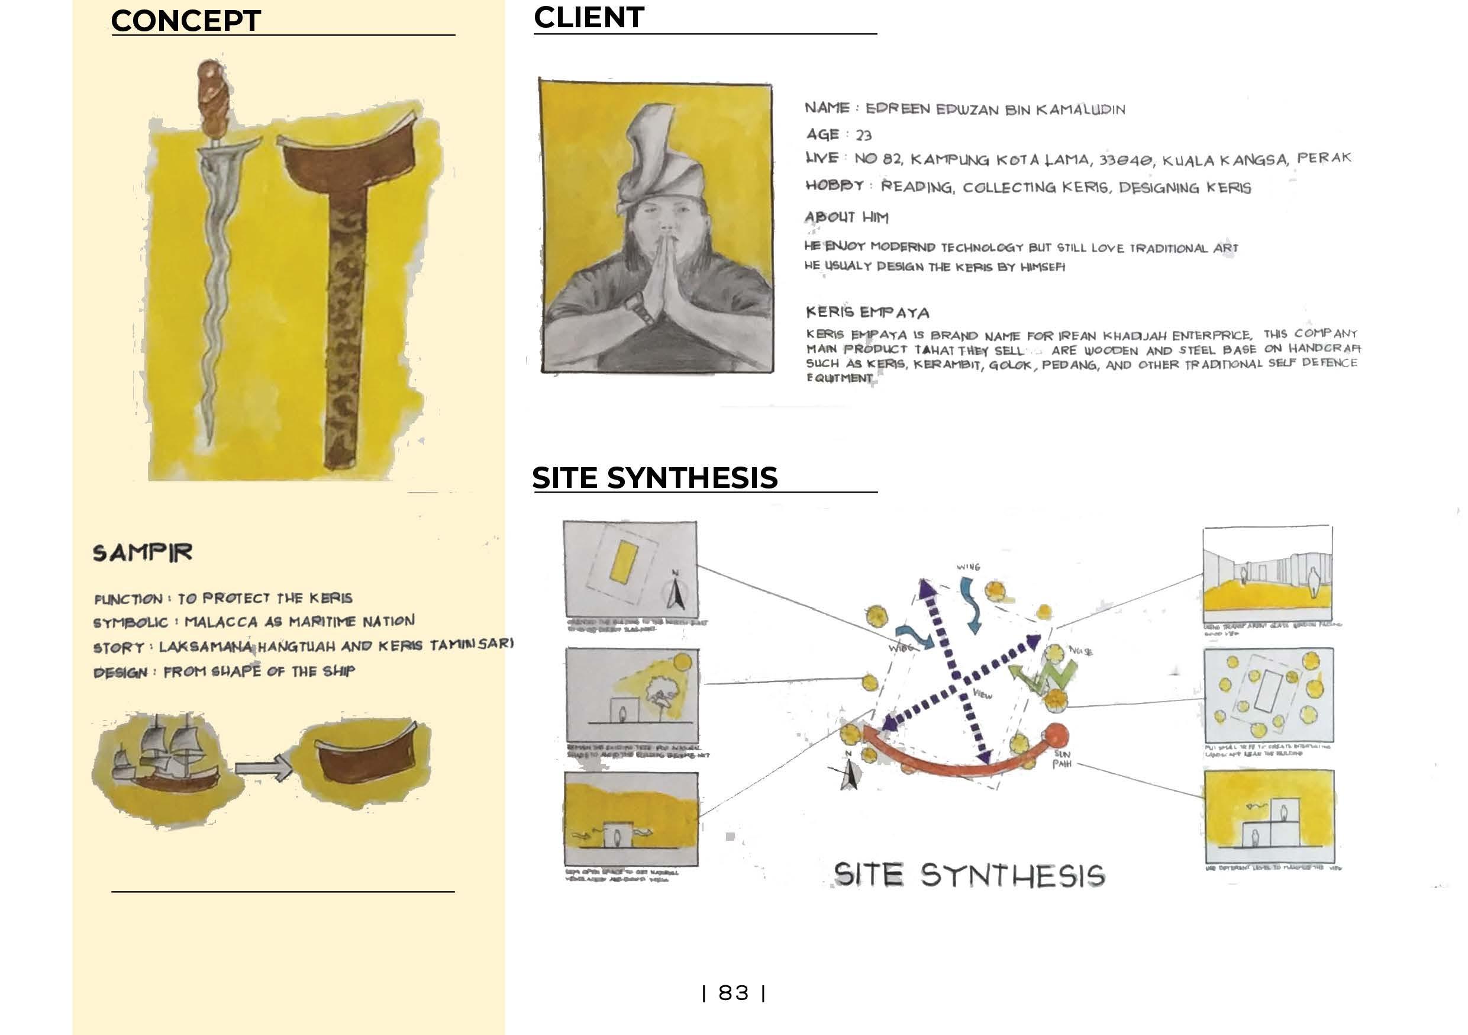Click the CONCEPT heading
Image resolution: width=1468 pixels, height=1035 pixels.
[185, 21]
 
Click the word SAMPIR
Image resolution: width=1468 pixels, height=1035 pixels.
[142, 552]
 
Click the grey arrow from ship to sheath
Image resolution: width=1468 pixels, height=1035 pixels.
[262, 767]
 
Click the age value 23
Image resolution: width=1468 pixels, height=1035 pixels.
[863, 136]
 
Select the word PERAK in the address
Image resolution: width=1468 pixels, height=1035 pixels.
[1324, 158]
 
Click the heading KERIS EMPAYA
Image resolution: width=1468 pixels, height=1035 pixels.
[867, 313]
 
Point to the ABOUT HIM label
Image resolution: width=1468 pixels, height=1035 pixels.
[846, 217]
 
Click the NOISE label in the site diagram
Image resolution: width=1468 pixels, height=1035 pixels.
[1080, 651]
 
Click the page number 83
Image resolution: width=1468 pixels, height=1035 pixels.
[733, 994]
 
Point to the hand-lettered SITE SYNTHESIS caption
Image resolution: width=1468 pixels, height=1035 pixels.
[969, 875]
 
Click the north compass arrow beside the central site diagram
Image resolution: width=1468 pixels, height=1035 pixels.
[850, 773]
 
